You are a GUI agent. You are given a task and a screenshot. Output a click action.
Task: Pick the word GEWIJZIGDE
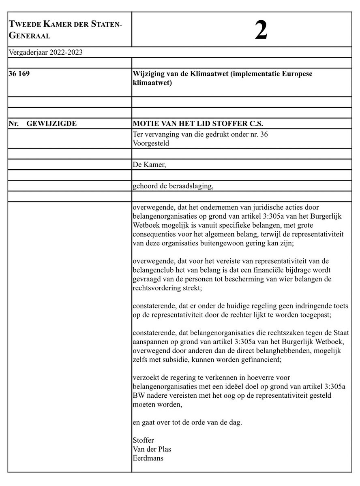click(x=51, y=124)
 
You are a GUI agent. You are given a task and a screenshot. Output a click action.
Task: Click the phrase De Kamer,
click(x=146, y=164)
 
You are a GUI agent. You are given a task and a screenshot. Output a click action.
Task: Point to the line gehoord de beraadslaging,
click(x=172, y=186)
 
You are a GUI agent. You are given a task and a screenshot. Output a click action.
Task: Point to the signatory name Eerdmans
click(x=147, y=459)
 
